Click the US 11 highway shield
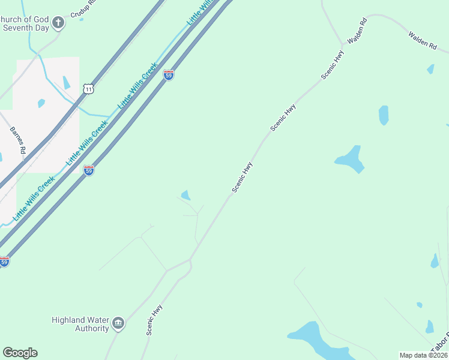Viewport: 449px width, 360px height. [88, 89]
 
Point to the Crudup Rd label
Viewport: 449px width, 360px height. [82, 8]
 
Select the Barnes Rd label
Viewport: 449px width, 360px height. [17, 140]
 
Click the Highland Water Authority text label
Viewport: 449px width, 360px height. [80, 324]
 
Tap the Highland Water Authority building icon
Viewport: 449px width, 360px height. [118, 324]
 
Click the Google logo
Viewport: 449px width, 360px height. [20, 353]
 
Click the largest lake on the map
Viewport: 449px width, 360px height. [317, 341]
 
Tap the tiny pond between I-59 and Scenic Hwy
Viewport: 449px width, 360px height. [186, 195]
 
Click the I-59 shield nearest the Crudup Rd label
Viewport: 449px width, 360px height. [169, 75]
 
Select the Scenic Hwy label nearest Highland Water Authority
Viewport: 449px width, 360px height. [154, 320]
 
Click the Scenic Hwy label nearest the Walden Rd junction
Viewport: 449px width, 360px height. [333, 65]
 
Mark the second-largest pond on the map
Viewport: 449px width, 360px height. [350, 159]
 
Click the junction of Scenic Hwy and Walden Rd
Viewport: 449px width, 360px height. [343, 44]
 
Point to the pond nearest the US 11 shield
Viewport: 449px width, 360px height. [66, 83]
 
